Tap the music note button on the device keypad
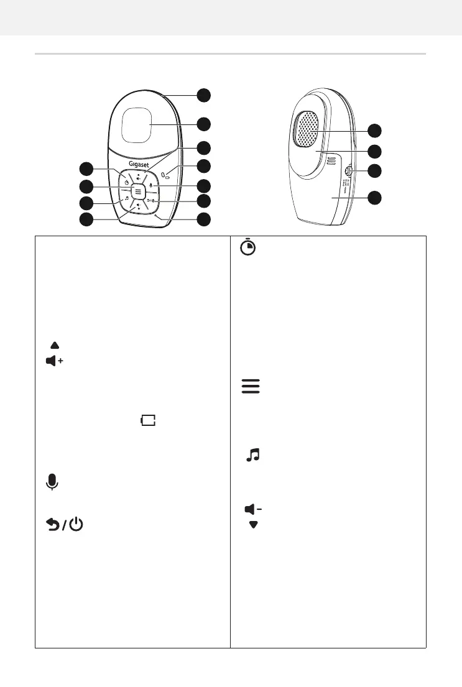click(126, 200)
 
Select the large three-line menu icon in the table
click(249, 386)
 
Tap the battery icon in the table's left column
click(147, 422)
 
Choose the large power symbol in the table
click(76, 525)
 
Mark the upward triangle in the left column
click(55, 344)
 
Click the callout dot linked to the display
click(203, 124)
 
